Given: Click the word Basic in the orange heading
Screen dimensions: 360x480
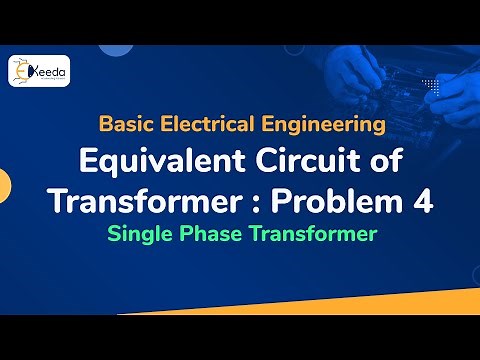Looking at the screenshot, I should pyautogui.click(x=125, y=125).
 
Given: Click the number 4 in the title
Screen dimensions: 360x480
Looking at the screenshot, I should pyautogui.click(x=424, y=200).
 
